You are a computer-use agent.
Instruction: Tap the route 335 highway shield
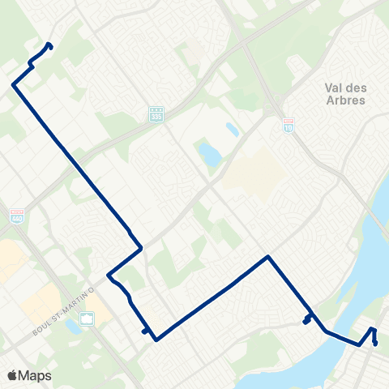[156, 114]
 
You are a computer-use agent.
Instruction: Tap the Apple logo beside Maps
[12, 375]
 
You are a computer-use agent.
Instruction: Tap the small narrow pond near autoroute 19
[233, 129]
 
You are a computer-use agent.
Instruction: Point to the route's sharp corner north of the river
[268, 257]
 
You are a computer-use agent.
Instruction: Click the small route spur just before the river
[306, 320]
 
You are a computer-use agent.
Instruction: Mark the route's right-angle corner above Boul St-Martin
[142, 246]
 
